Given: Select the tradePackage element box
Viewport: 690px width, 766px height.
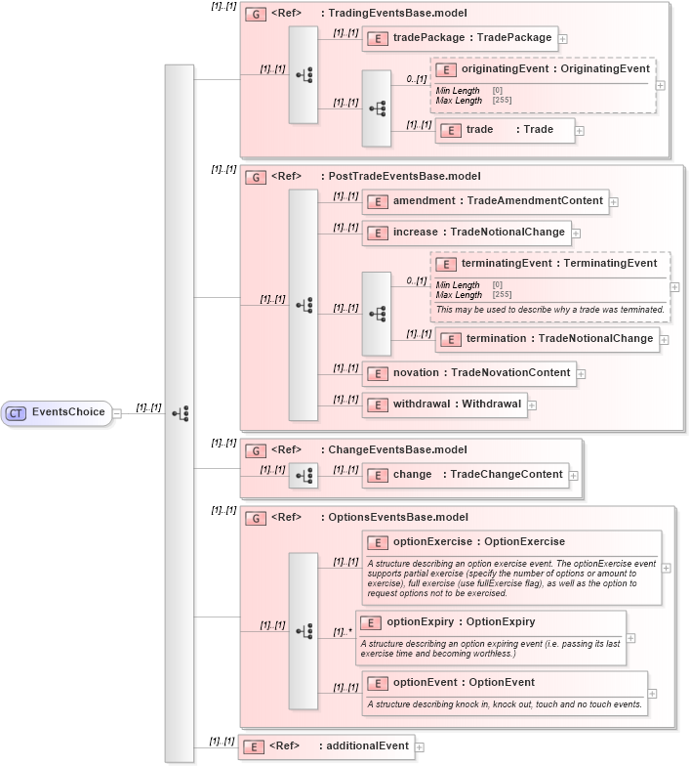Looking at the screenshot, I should click(x=459, y=39).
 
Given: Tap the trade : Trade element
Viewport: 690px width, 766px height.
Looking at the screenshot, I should click(x=505, y=130).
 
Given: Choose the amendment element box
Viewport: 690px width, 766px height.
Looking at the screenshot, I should click(x=485, y=201).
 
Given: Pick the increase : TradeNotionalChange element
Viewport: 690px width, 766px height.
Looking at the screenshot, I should click(x=467, y=233).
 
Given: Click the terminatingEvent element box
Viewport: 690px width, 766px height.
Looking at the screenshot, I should click(x=548, y=264).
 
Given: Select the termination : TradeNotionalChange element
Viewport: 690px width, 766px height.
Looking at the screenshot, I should click(x=547, y=339).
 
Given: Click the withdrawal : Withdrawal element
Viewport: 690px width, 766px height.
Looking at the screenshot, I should click(x=444, y=404).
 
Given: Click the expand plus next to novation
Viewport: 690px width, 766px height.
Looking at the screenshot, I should click(x=581, y=373).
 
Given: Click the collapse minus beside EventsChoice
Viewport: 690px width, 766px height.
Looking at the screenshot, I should click(x=117, y=413).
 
